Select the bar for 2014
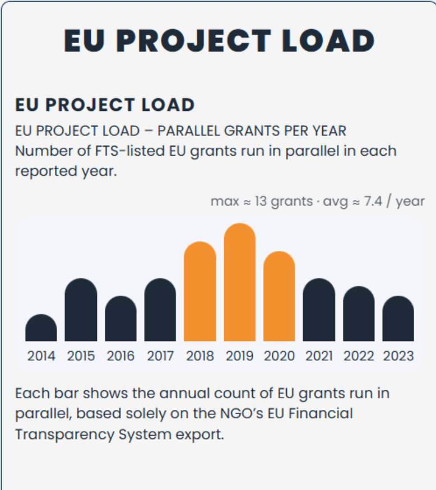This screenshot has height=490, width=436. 41,329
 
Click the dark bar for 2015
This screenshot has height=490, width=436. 81,311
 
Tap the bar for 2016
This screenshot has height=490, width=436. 120,319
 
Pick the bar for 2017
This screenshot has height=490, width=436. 160,311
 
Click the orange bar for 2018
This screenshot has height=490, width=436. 200,292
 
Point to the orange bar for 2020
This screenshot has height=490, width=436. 279,297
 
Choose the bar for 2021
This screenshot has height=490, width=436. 319,311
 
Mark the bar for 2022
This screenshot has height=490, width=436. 359,315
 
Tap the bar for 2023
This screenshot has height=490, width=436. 398,319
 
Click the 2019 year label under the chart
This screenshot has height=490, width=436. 240,356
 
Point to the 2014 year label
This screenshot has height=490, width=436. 41,356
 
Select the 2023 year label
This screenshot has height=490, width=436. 398,356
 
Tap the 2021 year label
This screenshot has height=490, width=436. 319,356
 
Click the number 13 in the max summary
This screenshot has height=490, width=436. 261,201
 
